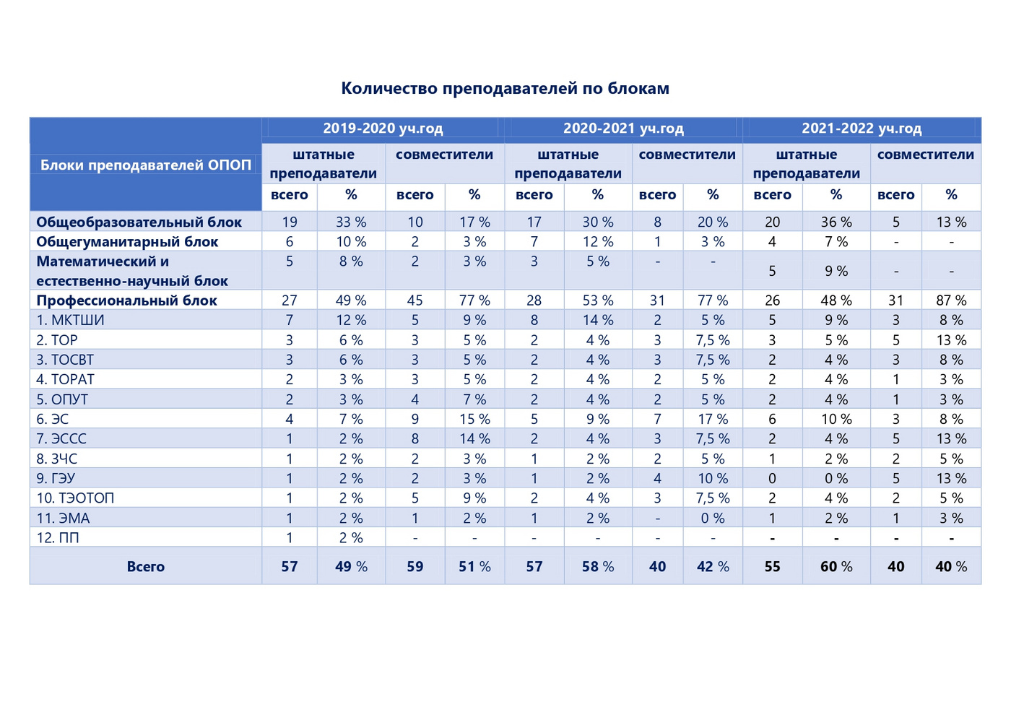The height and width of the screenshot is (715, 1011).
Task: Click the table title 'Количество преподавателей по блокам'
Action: pyautogui.click(x=505, y=88)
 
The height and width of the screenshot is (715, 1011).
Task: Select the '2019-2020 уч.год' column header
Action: pyautogui.click(x=383, y=129)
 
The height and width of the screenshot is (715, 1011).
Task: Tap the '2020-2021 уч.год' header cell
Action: pyautogui.click(x=623, y=129)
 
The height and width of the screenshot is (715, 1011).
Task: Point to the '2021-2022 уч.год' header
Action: pyautogui.click(x=862, y=129)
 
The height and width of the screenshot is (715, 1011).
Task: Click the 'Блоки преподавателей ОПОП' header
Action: pyautogui.click(x=146, y=165)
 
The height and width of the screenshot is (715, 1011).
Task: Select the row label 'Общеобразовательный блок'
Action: pyautogui.click(x=139, y=222)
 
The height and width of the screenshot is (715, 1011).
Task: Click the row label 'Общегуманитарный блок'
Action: pyautogui.click(x=127, y=242)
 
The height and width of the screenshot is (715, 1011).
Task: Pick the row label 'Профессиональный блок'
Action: pyautogui.click(x=127, y=300)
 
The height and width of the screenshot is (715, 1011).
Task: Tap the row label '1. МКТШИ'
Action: pyautogui.click(x=70, y=320)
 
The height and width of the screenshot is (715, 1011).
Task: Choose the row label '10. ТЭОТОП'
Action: pyautogui.click(x=75, y=498)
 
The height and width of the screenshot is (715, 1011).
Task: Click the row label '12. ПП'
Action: pyautogui.click(x=57, y=537)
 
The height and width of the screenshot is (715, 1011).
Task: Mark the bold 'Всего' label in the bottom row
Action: pyautogui.click(x=145, y=566)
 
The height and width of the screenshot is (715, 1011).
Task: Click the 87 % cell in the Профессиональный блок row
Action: pyautogui.click(x=951, y=300)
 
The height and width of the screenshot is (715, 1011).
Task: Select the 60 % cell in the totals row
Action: pyautogui.click(x=836, y=566)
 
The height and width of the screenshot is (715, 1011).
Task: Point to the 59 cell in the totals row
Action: pyautogui.click(x=415, y=566)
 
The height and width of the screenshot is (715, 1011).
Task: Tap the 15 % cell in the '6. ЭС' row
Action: pyautogui.click(x=474, y=420)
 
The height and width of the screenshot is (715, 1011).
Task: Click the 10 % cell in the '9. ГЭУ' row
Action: pyautogui.click(x=713, y=478)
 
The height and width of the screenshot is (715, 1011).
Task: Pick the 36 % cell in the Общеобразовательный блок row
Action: pyautogui.click(x=836, y=222)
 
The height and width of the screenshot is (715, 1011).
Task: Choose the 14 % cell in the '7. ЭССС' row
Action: pyautogui.click(x=474, y=439)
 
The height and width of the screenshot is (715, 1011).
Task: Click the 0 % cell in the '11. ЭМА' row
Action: pyautogui.click(x=713, y=519)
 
